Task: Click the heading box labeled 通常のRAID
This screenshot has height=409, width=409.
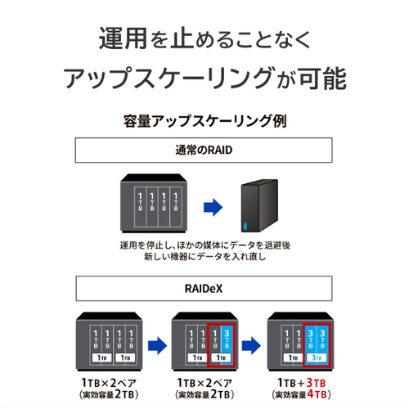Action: [204, 151]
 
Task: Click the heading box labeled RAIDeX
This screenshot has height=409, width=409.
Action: [204, 289]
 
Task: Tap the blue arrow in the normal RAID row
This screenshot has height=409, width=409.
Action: [213, 208]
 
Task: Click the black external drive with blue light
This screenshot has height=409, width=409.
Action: [259, 206]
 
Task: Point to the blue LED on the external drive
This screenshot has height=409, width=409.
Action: [245, 227]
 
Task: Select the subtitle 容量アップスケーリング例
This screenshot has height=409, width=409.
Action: [204, 121]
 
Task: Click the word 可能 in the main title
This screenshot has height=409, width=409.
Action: [323, 79]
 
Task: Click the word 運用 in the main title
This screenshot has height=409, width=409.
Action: [124, 38]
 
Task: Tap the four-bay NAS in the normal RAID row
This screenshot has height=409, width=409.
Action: [154, 204]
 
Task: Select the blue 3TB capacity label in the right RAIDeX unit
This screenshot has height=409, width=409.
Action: [317, 357]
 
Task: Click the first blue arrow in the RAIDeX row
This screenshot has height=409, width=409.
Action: [157, 346]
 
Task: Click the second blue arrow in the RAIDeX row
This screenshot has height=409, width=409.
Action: [251, 346]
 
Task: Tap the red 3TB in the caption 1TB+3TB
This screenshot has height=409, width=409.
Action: [316, 383]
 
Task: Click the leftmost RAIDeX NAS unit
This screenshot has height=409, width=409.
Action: [109, 342]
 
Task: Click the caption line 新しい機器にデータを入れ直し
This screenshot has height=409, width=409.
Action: [204, 257]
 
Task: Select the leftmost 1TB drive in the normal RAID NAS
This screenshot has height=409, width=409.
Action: [140, 207]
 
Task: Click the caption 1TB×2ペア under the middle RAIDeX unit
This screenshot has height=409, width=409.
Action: [204, 383]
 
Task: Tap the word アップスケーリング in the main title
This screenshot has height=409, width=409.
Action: [169, 79]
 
